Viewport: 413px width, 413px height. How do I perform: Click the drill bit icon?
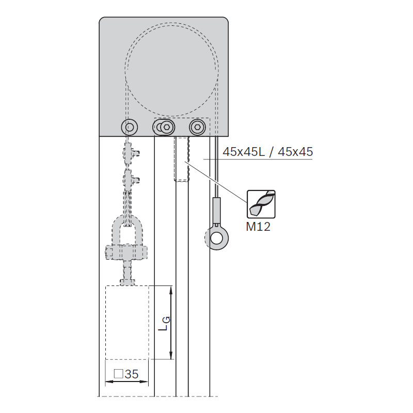(261, 204)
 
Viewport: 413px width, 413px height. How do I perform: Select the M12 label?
(258, 227)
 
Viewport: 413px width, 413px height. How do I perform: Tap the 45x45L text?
(244, 152)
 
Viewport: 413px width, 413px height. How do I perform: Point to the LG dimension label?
(165, 324)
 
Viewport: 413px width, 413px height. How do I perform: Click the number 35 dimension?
(132, 374)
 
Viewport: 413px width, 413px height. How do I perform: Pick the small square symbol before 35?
(119, 374)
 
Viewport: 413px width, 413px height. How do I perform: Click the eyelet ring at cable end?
(216, 239)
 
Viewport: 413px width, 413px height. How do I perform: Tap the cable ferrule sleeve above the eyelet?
(216, 211)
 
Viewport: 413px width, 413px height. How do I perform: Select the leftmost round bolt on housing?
(130, 127)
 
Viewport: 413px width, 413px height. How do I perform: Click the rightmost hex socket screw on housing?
(197, 128)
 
